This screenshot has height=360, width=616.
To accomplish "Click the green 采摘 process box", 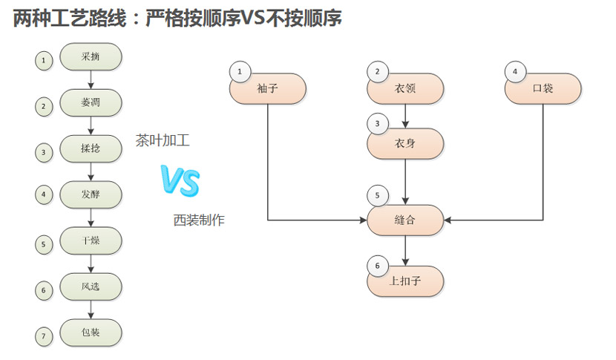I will click(91, 56).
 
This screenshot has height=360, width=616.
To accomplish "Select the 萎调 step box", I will click(91, 102).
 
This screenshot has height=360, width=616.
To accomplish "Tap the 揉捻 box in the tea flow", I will click(91, 148).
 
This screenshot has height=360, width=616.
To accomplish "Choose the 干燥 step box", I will click(91, 240).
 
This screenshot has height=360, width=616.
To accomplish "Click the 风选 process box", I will click(91, 287).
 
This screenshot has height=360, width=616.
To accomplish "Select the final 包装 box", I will click(91, 332).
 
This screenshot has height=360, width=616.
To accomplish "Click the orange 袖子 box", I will click(267, 88).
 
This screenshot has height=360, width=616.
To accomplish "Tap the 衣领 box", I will click(405, 88).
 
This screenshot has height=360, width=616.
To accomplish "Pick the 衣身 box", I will click(405, 144).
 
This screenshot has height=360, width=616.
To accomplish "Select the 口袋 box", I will click(543, 88).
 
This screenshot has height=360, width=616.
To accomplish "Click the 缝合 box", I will click(405, 220).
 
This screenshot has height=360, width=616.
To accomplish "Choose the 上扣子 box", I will click(405, 281).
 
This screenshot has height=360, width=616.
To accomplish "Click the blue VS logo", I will click(180, 181).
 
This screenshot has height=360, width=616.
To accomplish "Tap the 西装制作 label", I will click(199, 220).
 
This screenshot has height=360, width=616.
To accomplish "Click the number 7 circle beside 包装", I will click(44, 337).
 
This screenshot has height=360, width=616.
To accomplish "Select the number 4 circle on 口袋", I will click(515, 71).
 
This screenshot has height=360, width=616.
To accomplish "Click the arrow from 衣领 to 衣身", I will click(405, 116).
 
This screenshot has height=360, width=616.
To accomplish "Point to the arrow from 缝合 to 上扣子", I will click(405, 251).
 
